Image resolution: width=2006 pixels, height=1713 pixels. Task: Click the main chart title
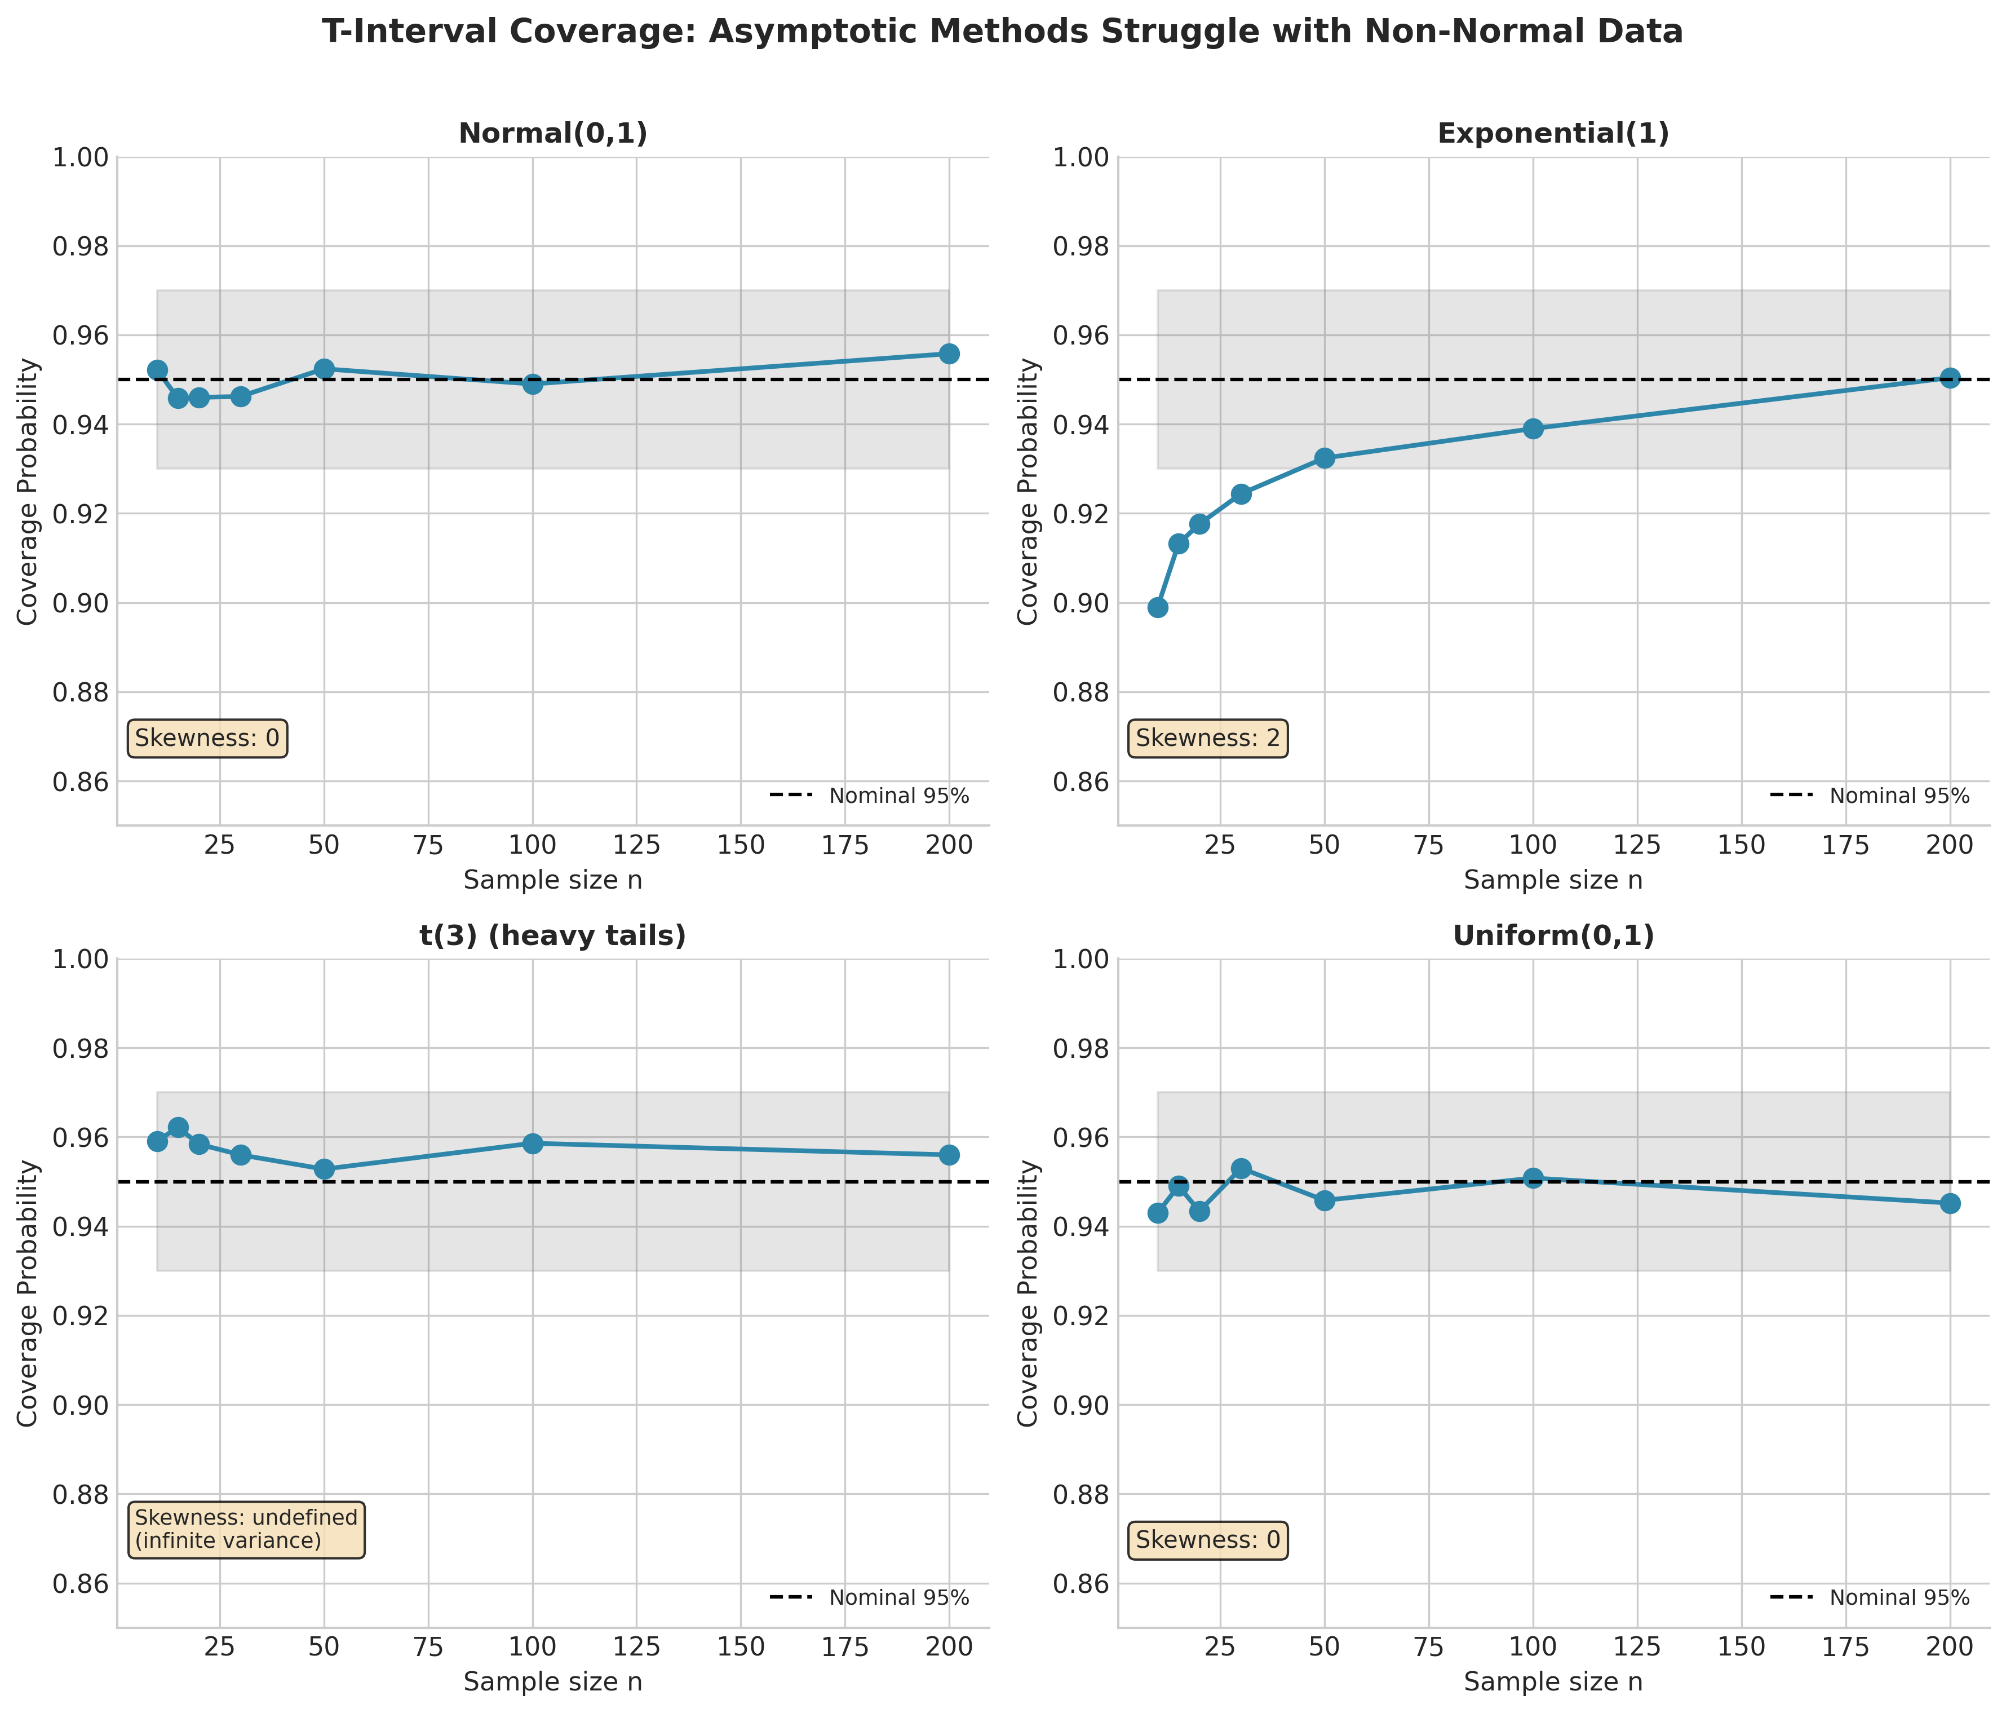1002,32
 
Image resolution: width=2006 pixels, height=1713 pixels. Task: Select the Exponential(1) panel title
1553,134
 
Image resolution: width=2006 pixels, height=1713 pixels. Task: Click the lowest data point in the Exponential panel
1157,607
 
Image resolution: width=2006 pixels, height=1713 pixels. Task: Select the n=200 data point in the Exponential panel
1950,378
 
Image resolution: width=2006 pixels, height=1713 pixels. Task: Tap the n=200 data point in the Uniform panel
1950,1203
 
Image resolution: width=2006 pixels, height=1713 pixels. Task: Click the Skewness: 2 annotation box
1207,739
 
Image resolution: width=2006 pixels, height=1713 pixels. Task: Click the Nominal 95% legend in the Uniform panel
1870,1598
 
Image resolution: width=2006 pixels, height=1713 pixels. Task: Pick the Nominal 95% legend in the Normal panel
869,796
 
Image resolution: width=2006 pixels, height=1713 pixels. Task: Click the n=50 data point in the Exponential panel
1325,458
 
